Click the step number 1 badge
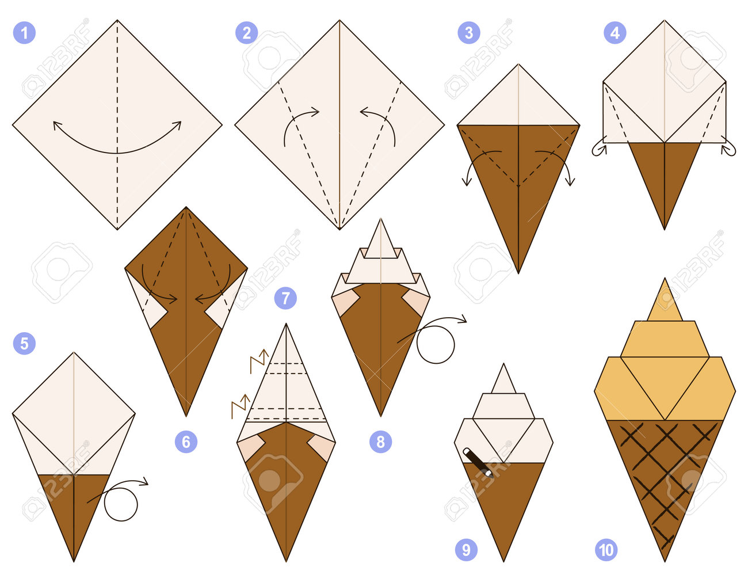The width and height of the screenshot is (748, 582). [24, 33]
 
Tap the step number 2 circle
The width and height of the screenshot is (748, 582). [246, 33]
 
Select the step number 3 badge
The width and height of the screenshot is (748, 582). [469, 33]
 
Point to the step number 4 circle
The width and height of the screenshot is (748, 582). [615, 33]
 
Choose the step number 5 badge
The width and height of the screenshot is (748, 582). [24, 343]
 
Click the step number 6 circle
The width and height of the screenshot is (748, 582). [186, 442]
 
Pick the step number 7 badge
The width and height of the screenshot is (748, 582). [286, 298]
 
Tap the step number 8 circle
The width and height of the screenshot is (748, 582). [381, 442]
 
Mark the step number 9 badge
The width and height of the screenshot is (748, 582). [466, 550]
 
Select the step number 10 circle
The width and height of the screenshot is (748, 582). [606, 550]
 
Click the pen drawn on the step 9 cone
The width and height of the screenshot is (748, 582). [478, 462]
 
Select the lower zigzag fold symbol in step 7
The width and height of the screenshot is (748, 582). [241, 406]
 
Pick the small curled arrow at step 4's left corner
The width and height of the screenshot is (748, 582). [598, 150]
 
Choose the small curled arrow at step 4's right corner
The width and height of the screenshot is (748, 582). [730, 150]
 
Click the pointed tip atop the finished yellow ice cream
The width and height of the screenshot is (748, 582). [665, 279]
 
